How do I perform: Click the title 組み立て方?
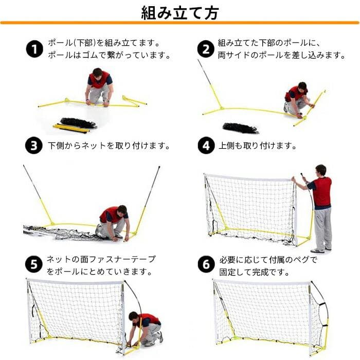coord(179,12)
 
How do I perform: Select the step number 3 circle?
coord(34,146)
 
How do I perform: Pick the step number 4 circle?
coord(206,146)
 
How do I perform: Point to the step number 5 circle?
coord(34,265)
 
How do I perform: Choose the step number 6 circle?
coord(206,265)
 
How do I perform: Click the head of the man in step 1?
coord(97,73)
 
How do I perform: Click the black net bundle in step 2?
coord(240,127)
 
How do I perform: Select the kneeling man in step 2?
coord(296,99)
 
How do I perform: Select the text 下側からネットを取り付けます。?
coord(109,146)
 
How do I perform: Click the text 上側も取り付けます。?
coord(257,146)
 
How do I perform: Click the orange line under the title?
coord(179,23)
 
